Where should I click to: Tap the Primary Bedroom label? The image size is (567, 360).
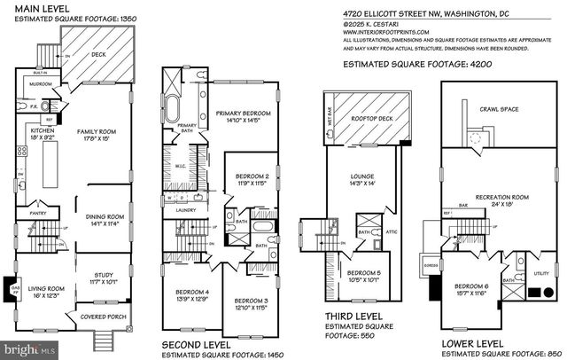click(245, 113)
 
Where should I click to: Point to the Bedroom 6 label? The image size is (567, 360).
click(470, 288)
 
